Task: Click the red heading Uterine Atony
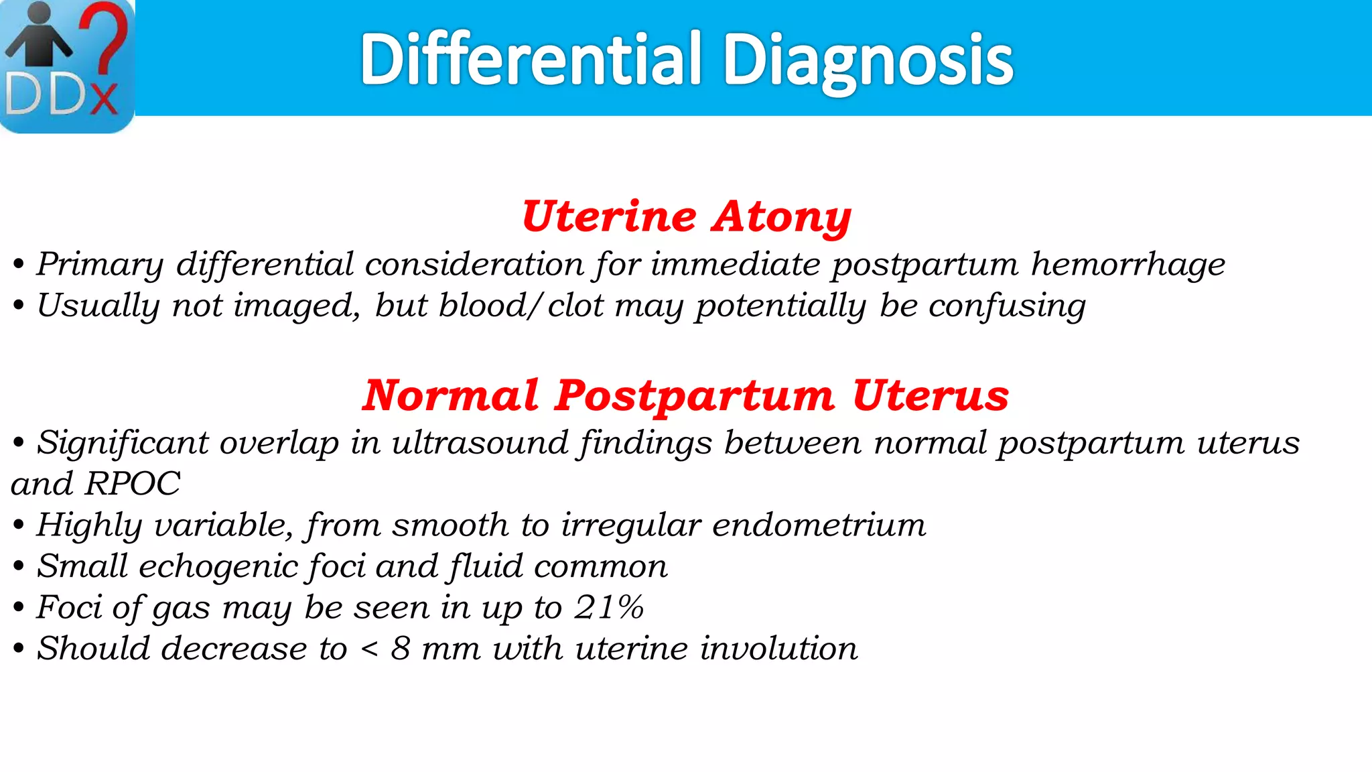pyautogui.click(x=686, y=216)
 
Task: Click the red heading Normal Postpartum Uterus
pyautogui.click(x=686, y=395)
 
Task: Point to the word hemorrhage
pyautogui.click(x=1128, y=264)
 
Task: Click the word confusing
pyautogui.click(x=1007, y=306)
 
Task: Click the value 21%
pyautogui.click(x=609, y=608)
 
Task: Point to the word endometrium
pyautogui.click(x=819, y=525)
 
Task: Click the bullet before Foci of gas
pyautogui.click(x=18, y=608)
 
